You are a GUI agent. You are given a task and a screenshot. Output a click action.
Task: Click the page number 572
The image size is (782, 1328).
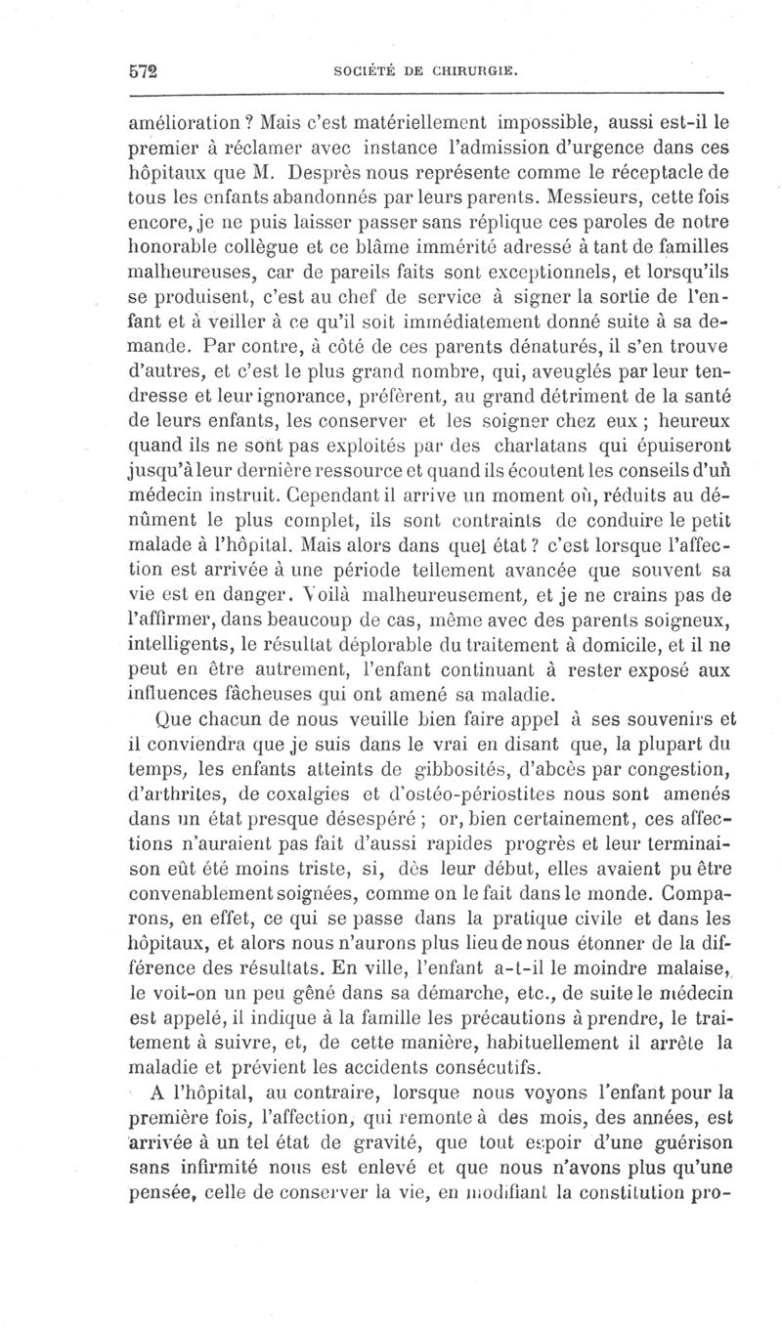[x=144, y=71]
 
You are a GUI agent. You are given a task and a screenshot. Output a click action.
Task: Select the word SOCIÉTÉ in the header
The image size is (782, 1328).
[x=367, y=72]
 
